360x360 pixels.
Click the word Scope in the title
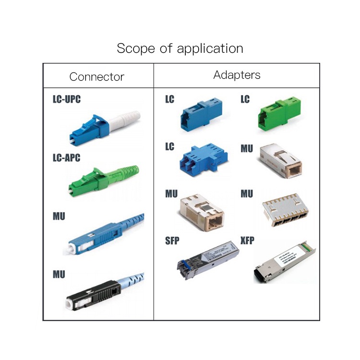click(x=133, y=48)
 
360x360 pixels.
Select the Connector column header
click(x=96, y=77)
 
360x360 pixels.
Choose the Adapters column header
click(x=237, y=75)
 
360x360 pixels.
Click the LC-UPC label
click(x=66, y=100)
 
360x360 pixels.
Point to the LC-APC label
click(x=66, y=157)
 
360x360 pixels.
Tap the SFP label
click(x=172, y=240)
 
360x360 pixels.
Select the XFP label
click(x=248, y=240)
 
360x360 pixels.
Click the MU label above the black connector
click(x=59, y=275)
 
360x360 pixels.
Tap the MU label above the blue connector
click(x=59, y=216)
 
